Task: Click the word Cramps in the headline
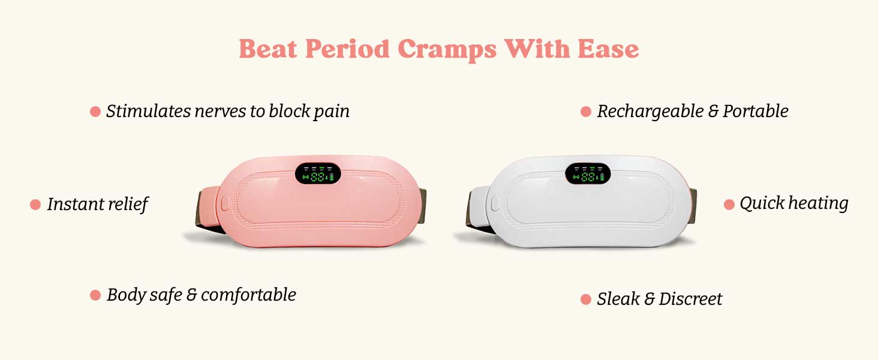[447, 49]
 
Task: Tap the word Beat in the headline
[268, 49]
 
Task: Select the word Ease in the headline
[608, 49]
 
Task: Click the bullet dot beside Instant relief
[35, 205]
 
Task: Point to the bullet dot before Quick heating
[729, 205]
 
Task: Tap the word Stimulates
[149, 112]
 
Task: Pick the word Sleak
[618, 299]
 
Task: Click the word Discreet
[691, 299]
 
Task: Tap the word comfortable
[248, 295]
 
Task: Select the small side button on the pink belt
[225, 203]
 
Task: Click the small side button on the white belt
[495, 203]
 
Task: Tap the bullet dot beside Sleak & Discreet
[586, 299]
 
